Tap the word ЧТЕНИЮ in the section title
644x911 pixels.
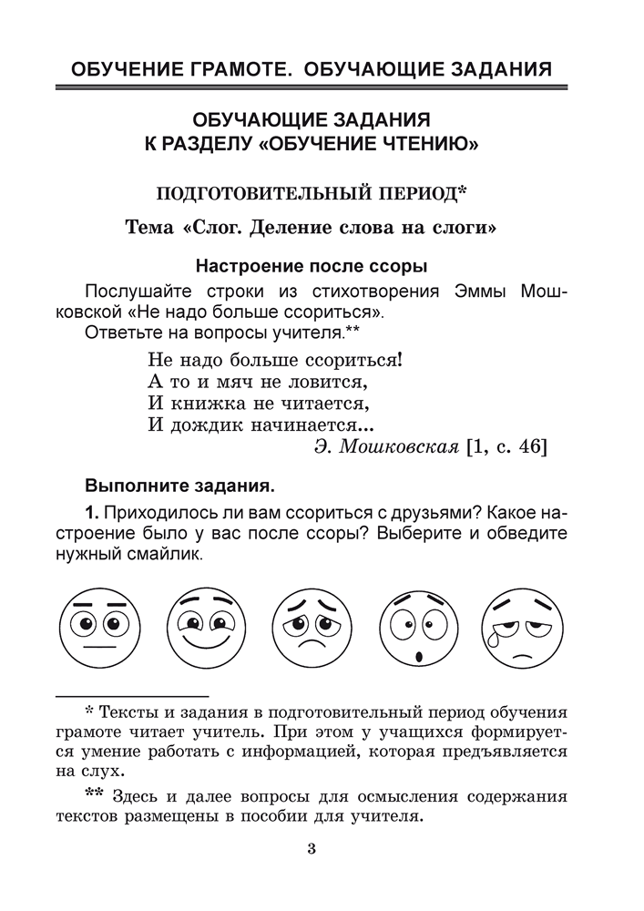click(412, 143)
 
